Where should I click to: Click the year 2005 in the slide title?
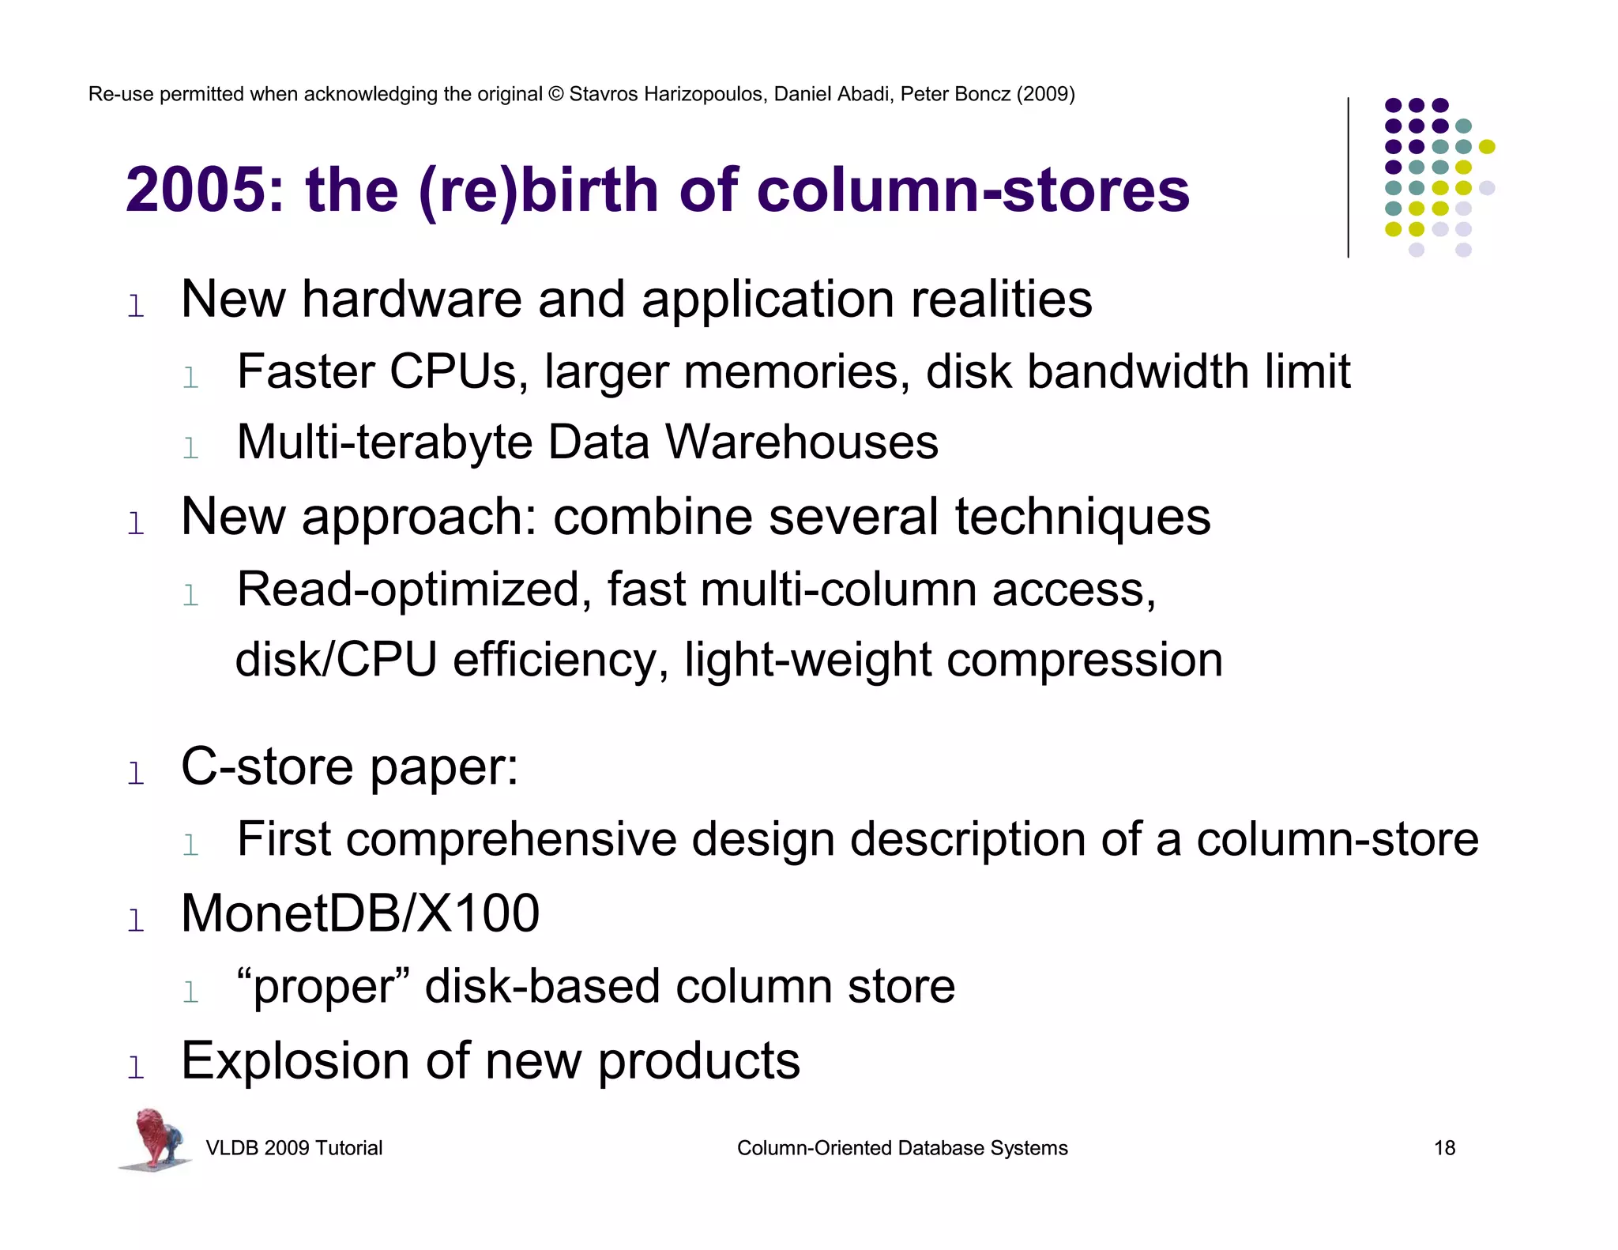click(196, 190)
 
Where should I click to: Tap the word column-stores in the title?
click(973, 190)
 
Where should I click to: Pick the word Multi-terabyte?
click(384, 442)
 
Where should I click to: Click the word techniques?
click(1082, 518)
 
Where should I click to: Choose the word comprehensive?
click(511, 839)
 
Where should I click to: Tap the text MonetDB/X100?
click(360, 913)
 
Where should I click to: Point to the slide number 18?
click(1444, 1148)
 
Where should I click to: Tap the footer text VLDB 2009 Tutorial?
click(294, 1148)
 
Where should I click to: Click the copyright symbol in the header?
click(555, 94)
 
